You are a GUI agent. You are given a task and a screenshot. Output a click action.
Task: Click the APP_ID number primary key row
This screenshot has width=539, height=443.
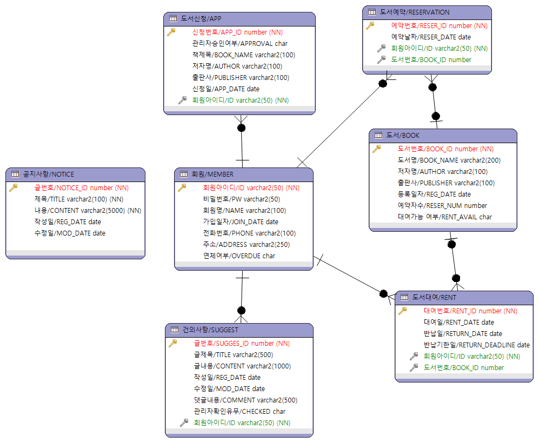pyautogui.click(x=237, y=32)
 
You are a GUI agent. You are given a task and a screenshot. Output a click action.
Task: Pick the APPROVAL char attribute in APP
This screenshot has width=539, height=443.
pyautogui.click(x=239, y=43)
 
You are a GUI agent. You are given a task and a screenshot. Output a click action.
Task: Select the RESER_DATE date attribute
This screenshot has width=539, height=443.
pyautogui.click(x=430, y=37)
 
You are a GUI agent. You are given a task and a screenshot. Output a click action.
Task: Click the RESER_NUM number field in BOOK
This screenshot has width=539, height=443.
pyautogui.click(x=442, y=205)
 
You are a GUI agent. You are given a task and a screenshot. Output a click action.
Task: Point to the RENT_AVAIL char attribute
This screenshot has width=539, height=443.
pyautogui.click(x=444, y=217)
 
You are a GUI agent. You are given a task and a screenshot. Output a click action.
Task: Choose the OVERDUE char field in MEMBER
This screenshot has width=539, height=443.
pyautogui.click(x=239, y=256)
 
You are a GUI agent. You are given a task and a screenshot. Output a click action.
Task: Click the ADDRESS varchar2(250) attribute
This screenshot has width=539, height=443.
pyautogui.click(x=246, y=244)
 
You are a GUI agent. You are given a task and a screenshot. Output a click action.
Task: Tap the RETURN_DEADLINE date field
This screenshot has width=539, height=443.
pyautogui.click(x=476, y=345)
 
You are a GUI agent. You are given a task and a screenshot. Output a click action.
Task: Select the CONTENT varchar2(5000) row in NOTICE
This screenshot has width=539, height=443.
pyautogui.click(x=88, y=210)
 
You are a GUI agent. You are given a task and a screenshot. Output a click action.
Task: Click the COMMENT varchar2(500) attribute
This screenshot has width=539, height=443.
pyautogui.click(x=245, y=400)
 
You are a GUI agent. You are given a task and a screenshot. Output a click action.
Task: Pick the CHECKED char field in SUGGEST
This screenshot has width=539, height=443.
pyautogui.click(x=239, y=411)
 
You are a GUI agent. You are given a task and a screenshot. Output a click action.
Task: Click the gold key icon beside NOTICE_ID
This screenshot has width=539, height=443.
pyautogui.click(x=14, y=187)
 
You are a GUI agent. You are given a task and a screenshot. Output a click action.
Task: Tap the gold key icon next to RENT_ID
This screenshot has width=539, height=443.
pyautogui.click(x=402, y=311)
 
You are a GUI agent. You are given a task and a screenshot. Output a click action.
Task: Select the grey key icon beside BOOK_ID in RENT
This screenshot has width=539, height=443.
pyautogui.click(x=414, y=367)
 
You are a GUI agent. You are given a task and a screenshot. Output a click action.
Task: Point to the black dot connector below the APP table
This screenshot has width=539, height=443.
pyautogui.click(x=241, y=127)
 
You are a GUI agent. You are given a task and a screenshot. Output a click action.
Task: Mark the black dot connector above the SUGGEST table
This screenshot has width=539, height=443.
pyautogui.click(x=241, y=310)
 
